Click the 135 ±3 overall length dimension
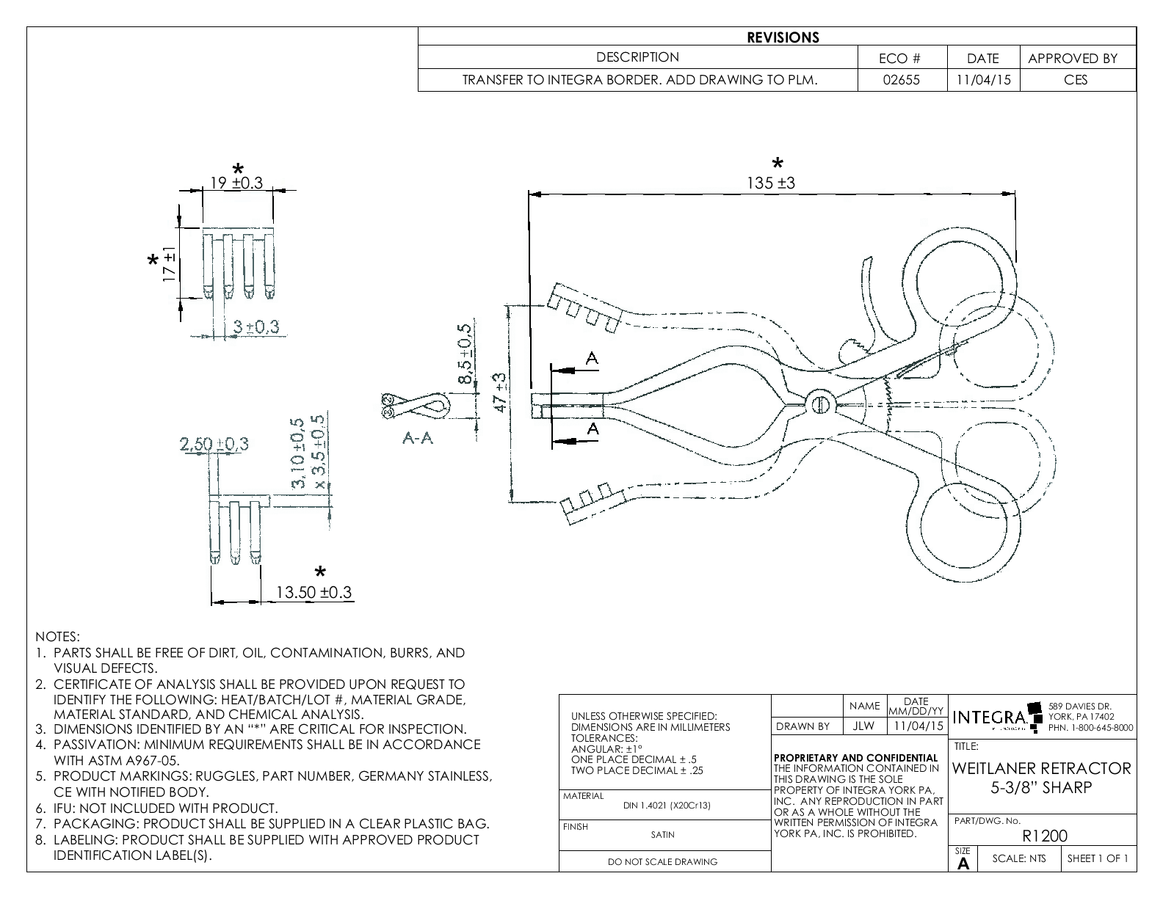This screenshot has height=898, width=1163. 771,183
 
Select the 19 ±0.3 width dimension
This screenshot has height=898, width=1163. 236,183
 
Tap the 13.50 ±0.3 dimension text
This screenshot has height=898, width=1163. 314,592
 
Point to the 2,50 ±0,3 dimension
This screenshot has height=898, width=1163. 214,444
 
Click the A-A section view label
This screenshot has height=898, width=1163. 418,438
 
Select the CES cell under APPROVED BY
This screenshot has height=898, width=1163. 1076,80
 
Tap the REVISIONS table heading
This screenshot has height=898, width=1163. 783,37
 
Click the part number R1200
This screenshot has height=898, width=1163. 1045,836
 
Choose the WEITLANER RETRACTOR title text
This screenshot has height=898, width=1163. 1042,769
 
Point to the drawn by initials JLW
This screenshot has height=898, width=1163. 864,726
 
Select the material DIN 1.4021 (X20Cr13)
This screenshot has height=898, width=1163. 667,806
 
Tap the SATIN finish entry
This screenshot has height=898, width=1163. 662,834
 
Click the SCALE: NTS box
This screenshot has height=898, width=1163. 1019,858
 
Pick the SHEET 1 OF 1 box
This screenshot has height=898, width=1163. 1098,858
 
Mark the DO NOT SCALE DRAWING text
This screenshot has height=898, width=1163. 662,862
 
